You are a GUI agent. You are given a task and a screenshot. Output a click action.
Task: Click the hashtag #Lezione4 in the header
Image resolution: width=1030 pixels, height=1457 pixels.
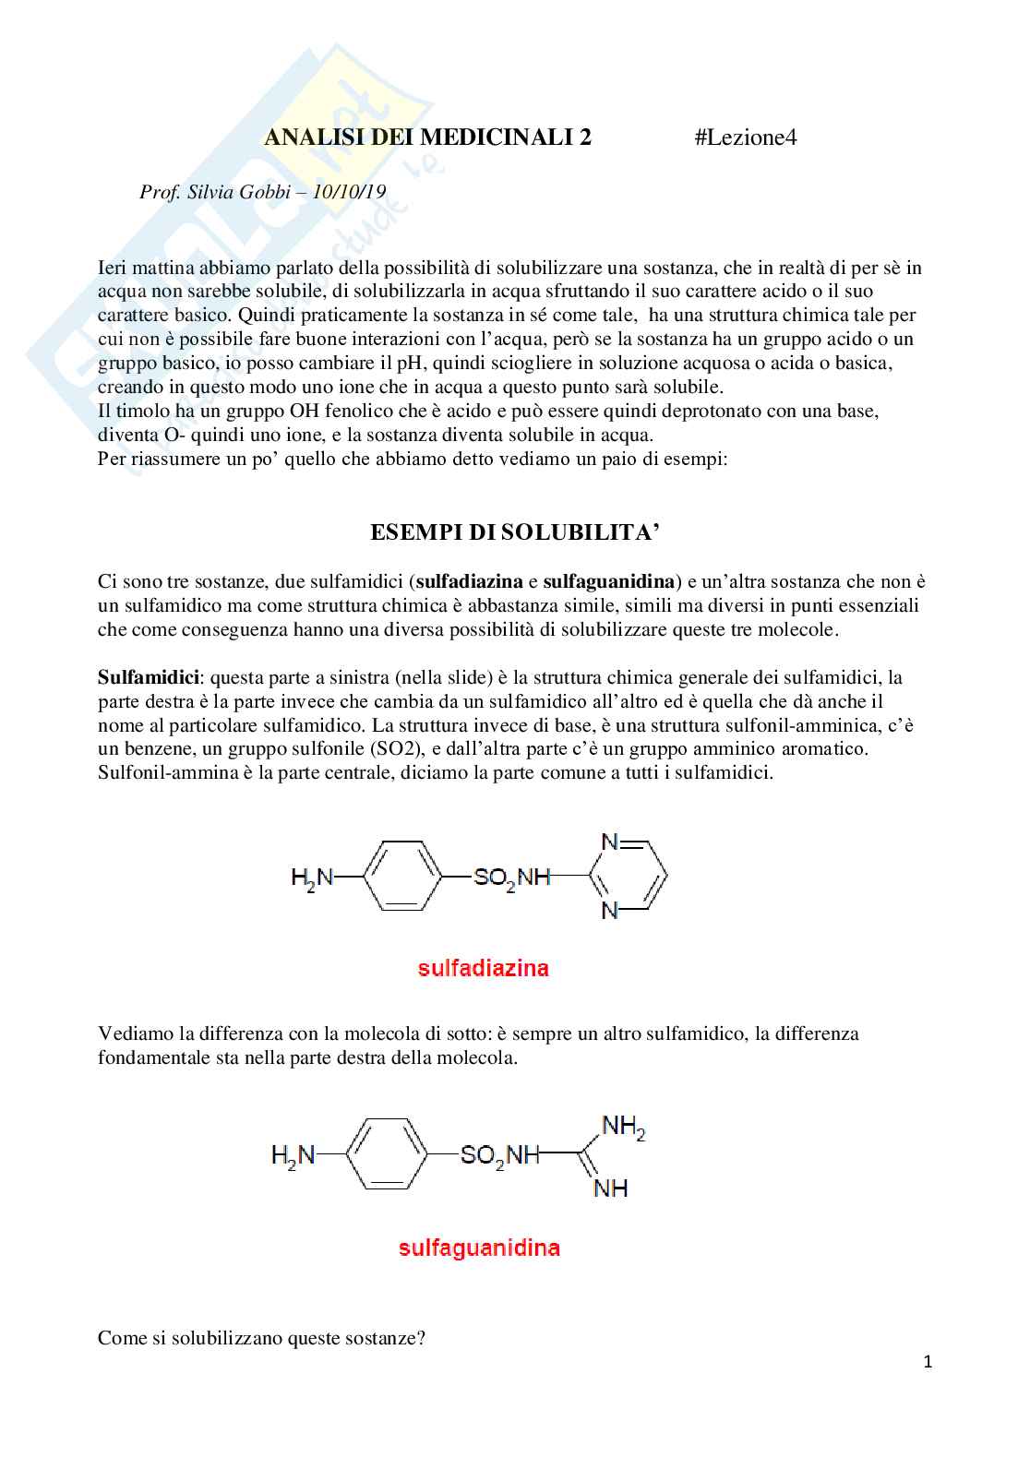click(x=745, y=138)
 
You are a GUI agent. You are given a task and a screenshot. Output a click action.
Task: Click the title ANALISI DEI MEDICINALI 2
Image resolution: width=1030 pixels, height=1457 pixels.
click(x=428, y=138)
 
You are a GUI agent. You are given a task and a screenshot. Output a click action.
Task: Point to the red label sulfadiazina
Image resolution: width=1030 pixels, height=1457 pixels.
click(x=483, y=968)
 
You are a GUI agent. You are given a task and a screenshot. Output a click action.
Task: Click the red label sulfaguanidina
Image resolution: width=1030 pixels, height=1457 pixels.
click(x=479, y=1248)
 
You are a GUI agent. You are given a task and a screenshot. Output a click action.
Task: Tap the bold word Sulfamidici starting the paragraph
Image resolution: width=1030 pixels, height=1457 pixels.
click(x=149, y=677)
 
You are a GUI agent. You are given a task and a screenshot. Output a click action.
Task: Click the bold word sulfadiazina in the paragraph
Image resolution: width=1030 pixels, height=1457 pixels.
click(x=469, y=581)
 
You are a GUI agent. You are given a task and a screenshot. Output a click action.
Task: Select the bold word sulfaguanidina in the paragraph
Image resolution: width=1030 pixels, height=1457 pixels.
click(x=608, y=581)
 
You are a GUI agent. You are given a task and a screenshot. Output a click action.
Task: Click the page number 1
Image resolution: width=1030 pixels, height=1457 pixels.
click(x=928, y=1362)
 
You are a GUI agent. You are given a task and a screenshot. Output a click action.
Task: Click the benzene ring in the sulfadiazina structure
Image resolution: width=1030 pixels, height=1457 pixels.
click(x=404, y=876)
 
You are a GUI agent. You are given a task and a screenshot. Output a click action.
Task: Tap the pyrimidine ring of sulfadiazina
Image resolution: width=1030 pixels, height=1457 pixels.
click(x=630, y=876)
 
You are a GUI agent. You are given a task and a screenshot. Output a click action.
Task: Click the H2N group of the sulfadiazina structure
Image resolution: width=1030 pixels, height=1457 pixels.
click(x=311, y=877)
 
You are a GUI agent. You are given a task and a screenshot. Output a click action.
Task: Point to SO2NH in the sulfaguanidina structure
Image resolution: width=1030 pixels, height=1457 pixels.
click(x=499, y=1155)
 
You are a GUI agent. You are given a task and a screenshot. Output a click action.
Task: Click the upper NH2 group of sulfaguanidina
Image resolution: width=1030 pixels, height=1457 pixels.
click(x=623, y=1127)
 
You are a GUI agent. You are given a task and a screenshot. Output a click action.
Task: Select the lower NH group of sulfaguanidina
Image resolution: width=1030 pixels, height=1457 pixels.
click(x=610, y=1188)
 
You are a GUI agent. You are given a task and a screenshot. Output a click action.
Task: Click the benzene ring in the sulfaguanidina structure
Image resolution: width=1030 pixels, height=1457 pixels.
click(x=385, y=1153)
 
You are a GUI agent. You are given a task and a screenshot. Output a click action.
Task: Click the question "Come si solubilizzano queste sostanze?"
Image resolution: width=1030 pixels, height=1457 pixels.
click(x=261, y=1338)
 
